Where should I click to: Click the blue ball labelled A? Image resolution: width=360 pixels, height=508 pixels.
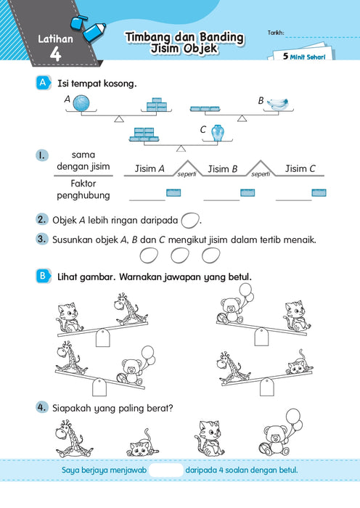[81, 103]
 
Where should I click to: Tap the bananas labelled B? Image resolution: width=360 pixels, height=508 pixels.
[277, 104]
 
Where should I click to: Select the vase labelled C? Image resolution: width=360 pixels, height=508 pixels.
[218, 133]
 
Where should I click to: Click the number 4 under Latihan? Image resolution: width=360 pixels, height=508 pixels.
[55, 54]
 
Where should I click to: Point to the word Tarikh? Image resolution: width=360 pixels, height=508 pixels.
[276, 33]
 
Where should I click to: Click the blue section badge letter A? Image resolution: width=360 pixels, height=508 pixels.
[43, 83]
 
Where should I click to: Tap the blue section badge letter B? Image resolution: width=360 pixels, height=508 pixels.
[43, 276]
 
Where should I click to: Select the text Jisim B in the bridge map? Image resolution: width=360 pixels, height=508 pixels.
[222, 169]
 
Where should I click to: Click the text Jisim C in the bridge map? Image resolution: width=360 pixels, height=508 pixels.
[300, 168]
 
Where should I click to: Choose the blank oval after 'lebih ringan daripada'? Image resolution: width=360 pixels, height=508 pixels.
[189, 221]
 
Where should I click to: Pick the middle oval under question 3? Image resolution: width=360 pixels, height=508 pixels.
[179, 255]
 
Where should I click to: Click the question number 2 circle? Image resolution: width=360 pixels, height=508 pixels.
[41, 219]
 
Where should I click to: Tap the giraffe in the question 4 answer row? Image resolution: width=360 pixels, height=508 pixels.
[73, 438]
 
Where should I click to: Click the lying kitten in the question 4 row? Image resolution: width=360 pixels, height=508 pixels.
[142, 444]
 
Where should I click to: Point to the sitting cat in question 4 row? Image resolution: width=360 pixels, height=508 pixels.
[210, 438]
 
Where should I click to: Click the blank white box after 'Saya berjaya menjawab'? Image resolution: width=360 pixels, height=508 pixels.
[166, 470]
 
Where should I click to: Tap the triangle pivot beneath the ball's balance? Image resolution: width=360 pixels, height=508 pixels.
[119, 119]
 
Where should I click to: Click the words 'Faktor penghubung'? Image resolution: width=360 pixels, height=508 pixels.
[83, 189]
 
